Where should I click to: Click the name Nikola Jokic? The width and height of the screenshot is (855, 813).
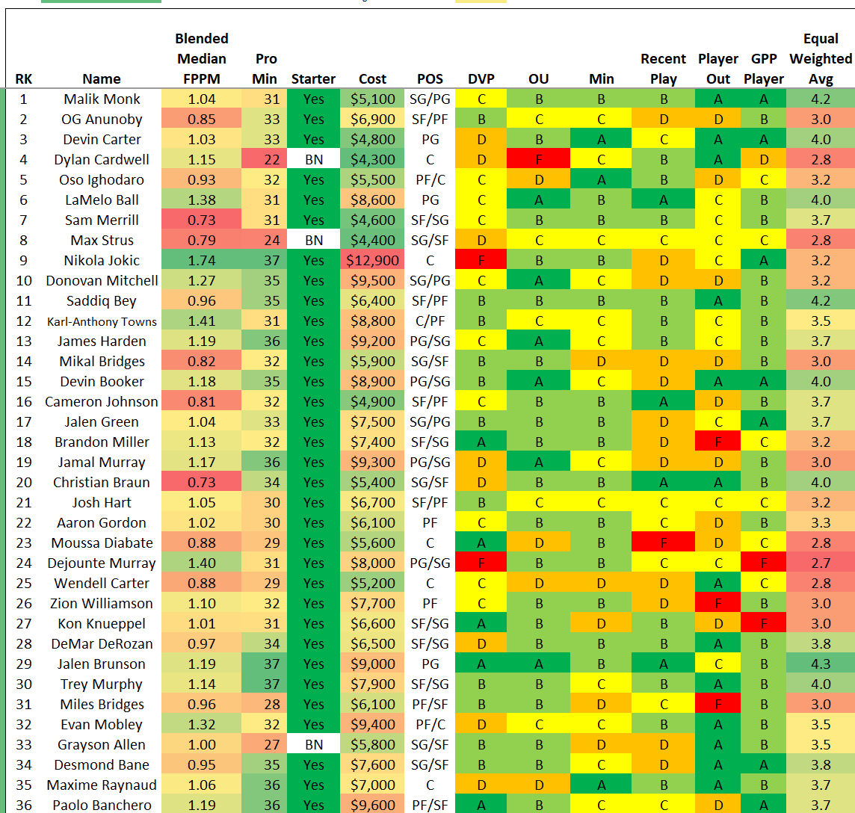[102, 261]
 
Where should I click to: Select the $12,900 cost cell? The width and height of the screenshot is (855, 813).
[372, 261]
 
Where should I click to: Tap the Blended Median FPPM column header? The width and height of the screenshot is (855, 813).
[201, 59]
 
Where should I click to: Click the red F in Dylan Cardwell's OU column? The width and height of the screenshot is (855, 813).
[538, 160]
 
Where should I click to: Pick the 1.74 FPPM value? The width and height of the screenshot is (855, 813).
[201, 261]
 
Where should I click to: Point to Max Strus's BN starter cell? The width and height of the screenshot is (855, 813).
[314, 241]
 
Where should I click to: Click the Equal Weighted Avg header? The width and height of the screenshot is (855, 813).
[821, 59]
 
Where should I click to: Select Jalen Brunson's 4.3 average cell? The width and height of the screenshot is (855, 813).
[821, 664]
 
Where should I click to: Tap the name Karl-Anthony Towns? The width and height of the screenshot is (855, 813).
[102, 322]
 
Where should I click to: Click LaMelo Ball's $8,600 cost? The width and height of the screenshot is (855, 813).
[372, 200]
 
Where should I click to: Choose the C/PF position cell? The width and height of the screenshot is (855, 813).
[430, 321]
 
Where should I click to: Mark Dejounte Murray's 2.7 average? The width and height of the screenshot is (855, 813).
[821, 563]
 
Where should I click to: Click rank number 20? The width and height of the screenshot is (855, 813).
[24, 483]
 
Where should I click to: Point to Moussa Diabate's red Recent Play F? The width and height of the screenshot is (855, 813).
[663, 543]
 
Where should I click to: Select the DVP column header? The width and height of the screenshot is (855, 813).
[481, 79]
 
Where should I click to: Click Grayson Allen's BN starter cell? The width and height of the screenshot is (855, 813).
[314, 745]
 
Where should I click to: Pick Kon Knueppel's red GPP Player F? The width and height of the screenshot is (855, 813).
[763, 624]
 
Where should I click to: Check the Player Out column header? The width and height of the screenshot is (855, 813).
[717, 69]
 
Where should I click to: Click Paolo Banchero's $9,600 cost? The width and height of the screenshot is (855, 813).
[372, 806]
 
